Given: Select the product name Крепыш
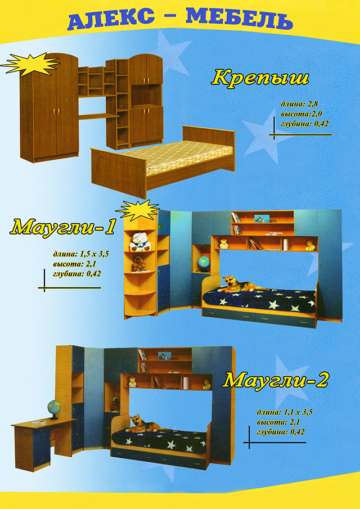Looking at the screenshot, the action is pos(260,78).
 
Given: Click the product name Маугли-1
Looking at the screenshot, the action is pos(63,227).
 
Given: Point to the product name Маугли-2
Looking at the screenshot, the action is pos(275,380).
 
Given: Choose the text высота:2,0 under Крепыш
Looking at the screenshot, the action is pos(301,114).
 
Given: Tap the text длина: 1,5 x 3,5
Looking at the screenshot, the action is pos(80,254).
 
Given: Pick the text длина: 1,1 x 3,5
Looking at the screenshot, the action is pos(285,413).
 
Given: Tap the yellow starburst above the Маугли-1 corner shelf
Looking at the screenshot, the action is pos(138,210).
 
